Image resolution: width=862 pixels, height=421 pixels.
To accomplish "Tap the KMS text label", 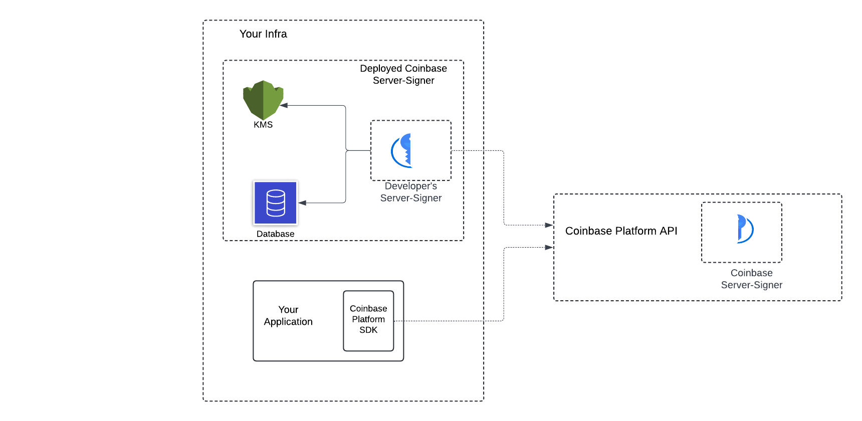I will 263,125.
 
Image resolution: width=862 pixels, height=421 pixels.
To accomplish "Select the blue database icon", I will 275,202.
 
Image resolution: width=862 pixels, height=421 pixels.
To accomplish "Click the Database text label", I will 275,234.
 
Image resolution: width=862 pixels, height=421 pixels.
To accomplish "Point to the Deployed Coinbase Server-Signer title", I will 403,74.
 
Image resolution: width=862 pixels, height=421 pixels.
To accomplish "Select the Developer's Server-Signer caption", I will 411,192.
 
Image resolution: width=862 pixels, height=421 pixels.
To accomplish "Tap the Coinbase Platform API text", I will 621,231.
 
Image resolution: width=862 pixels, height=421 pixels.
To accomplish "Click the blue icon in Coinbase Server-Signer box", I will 744,229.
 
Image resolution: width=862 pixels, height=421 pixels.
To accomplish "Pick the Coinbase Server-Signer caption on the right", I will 751,279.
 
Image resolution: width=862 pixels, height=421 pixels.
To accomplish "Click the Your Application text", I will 288,316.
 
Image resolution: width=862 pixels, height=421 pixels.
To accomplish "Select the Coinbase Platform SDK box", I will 368,321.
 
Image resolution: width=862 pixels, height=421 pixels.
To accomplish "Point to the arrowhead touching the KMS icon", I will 284,106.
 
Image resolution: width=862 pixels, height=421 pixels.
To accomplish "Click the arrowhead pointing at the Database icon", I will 302,203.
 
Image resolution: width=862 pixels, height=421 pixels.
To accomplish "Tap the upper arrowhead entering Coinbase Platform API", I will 549,225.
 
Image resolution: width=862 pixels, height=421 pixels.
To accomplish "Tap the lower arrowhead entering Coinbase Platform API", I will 549,247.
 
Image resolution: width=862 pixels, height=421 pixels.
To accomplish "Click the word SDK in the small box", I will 368,330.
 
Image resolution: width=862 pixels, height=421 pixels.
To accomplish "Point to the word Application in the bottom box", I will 288,322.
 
